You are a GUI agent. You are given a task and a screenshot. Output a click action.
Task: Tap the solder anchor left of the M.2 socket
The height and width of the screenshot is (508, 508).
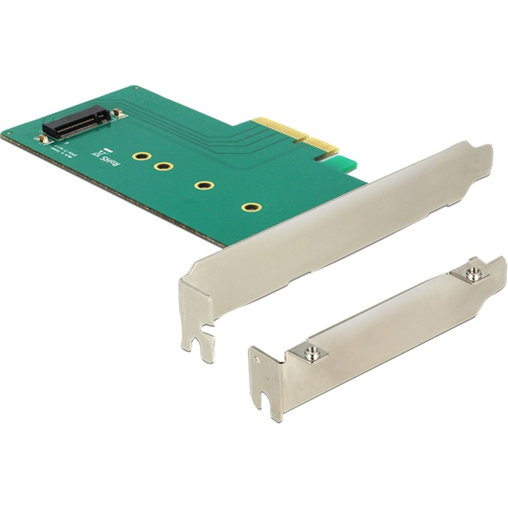point(45,138)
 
